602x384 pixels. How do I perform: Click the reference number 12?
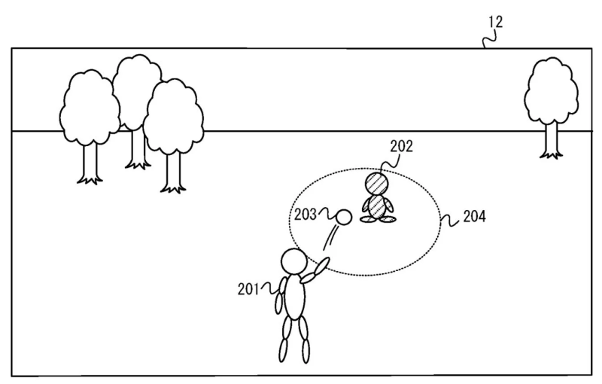[495, 22]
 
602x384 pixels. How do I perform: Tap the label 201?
[248, 289]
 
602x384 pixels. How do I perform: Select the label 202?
[402, 146]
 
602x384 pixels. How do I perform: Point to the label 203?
[306, 215]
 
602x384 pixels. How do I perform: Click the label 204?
[475, 217]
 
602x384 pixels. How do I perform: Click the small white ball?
[344, 218]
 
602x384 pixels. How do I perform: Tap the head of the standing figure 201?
[293, 261]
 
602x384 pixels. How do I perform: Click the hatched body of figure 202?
[377, 207]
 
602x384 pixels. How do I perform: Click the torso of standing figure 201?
[295, 297]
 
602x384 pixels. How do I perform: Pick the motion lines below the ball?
[331, 238]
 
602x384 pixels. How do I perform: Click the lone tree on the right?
[552, 108]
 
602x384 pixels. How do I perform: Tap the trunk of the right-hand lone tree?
[552, 139]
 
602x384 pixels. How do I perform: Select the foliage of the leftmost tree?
[90, 107]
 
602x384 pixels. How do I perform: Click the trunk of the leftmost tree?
[90, 163]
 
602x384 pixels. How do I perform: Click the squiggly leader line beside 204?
[450, 220]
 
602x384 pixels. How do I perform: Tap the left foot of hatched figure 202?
[367, 219]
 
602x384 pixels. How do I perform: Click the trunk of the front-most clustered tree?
[174, 172]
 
